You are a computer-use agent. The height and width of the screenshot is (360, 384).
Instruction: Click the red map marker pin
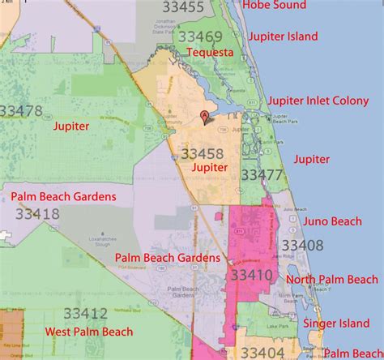point(204,117)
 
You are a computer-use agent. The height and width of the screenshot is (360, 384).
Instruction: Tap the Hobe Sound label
point(274,6)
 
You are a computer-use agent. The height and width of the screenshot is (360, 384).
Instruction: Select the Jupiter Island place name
point(284,36)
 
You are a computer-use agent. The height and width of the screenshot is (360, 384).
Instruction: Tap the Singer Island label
point(336,324)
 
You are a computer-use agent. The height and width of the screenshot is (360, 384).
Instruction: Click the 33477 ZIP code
point(262,175)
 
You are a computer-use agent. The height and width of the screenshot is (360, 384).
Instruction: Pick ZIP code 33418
point(36,214)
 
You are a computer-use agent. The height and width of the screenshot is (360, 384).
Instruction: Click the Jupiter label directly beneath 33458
point(209,168)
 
